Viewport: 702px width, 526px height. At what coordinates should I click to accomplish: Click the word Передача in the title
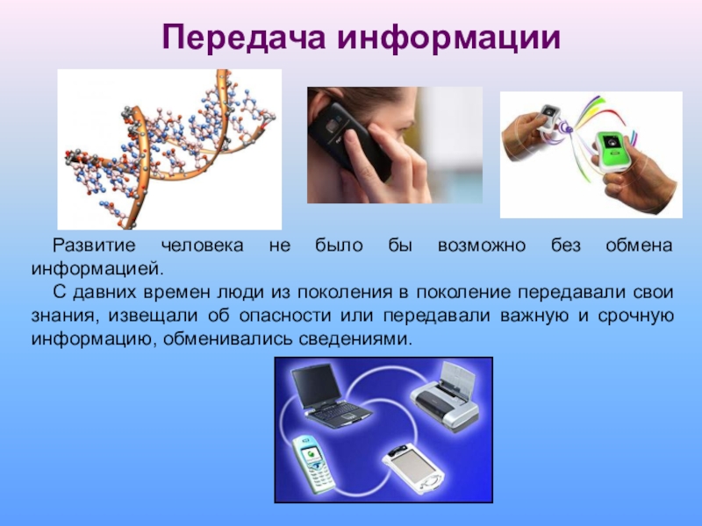[x=244, y=38]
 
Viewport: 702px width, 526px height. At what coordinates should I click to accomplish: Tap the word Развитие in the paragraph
[x=94, y=245]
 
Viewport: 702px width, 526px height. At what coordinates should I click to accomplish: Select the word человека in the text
[x=203, y=245]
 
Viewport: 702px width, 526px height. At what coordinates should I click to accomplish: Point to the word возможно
[x=481, y=245]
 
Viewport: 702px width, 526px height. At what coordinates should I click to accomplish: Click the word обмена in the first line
[x=639, y=245]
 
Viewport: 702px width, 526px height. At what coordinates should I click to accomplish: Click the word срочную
[x=635, y=316]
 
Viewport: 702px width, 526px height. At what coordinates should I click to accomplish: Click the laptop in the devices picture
[x=330, y=396]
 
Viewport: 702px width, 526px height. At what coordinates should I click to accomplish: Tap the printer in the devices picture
[x=446, y=397]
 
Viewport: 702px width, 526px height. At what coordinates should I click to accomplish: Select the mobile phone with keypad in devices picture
[x=313, y=464]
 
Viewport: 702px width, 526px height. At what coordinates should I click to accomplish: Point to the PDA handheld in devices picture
[x=412, y=468]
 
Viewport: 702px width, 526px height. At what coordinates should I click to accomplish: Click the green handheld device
[x=612, y=151]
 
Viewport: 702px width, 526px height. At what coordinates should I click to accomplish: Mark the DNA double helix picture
[x=169, y=149]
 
